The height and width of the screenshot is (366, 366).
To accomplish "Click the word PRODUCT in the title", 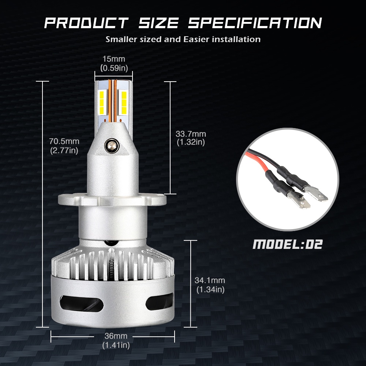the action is tap(86, 23).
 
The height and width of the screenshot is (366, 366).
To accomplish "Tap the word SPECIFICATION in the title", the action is tap(255, 23).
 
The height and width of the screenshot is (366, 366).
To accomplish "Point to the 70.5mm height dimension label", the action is tap(64, 141).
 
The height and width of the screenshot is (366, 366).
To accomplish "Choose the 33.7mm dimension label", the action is tap(191, 134).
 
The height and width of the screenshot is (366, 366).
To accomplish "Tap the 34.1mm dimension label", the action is tap(210, 280).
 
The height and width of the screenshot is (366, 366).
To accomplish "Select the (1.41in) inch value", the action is tap(116, 345).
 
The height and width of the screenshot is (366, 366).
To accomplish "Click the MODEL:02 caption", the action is tap(288, 244).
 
